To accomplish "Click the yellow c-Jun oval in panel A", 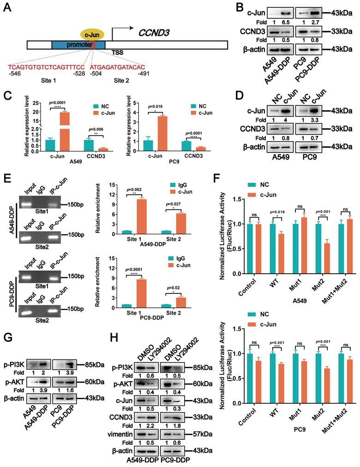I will (93, 34).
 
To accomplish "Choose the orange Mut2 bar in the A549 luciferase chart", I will (300, 257).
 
